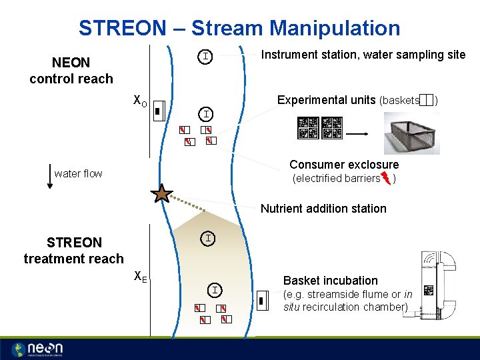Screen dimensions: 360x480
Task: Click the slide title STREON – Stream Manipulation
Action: click(239, 28)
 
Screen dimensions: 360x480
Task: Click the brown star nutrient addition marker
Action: click(161, 194)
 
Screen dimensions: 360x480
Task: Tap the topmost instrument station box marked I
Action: click(207, 57)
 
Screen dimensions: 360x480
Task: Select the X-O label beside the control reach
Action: click(140, 102)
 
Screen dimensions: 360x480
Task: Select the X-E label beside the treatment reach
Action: click(140, 275)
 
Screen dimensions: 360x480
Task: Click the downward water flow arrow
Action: click(50, 177)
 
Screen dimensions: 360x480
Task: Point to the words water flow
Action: click(78, 174)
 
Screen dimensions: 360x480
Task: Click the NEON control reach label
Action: click(71, 71)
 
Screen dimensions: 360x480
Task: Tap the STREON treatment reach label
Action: click(74, 251)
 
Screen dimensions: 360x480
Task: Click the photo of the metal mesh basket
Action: click(421, 133)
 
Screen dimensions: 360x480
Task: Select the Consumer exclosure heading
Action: click(344, 165)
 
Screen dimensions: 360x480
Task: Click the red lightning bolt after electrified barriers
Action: click(386, 179)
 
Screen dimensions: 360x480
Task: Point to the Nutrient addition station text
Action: click(323, 209)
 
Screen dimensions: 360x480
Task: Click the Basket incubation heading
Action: click(331, 281)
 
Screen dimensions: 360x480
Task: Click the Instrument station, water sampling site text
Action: click(363, 55)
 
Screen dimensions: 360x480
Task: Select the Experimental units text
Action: click(326, 100)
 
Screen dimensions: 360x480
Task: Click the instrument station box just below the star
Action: click(209, 238)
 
